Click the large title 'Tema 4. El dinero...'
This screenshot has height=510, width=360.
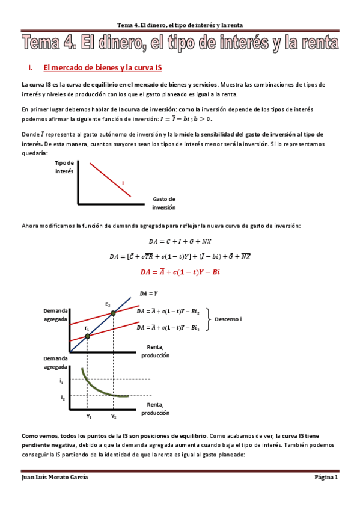(180, 43)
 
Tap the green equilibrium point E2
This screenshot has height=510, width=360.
(112, 313)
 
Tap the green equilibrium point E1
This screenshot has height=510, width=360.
(88, 336)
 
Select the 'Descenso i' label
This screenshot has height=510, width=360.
(228, 319)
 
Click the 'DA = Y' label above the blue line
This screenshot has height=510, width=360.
(148, 293)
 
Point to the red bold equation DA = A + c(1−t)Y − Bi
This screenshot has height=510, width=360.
(180, 271)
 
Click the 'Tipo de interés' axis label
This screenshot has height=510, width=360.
(64, 167)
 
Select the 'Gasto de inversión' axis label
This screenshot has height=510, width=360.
(163, 203)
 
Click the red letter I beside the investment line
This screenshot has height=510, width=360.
(123, 182)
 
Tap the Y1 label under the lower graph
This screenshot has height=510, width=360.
(88, 416)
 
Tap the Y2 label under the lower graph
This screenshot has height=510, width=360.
(114, 416)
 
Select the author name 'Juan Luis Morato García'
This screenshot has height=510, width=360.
(55, 478)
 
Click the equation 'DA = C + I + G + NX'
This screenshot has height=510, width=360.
(180, 242)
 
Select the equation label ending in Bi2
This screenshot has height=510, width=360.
(168, 312)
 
